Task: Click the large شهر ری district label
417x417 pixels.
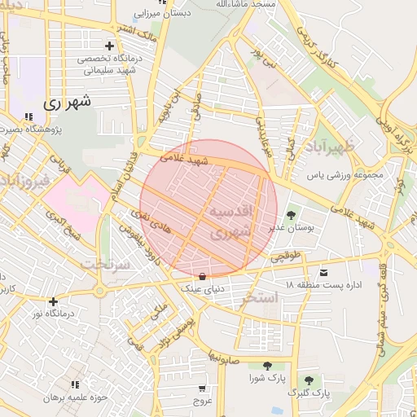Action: [65, 103]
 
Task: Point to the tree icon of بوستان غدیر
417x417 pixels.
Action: [291, 214]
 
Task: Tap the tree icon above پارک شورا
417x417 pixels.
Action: [267, 366]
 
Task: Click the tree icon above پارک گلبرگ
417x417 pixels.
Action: [309, 380]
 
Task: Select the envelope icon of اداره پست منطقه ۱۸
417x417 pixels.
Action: [325, 271]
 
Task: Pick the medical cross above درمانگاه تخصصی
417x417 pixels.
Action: [109, 46]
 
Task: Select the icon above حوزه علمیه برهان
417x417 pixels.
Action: [76, 384]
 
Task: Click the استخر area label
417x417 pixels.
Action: [261, 298]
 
